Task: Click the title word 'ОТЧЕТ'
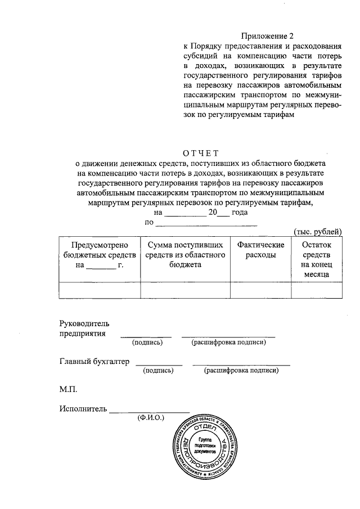coord(200,151)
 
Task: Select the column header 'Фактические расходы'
coord(260,250)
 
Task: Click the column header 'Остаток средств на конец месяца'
coord(317,259)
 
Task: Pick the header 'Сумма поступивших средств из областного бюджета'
coord(185,255)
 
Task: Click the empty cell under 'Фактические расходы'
coord(260,289)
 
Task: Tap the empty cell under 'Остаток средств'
coord(317,289)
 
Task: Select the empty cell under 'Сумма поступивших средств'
coord(185,289)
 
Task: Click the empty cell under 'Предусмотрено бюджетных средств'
coord(100,289)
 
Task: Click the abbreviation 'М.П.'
coord(68,389)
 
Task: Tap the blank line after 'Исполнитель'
coord(150,410)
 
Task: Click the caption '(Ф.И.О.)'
coord(150,418)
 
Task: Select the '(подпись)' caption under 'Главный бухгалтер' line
coord(159,371)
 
